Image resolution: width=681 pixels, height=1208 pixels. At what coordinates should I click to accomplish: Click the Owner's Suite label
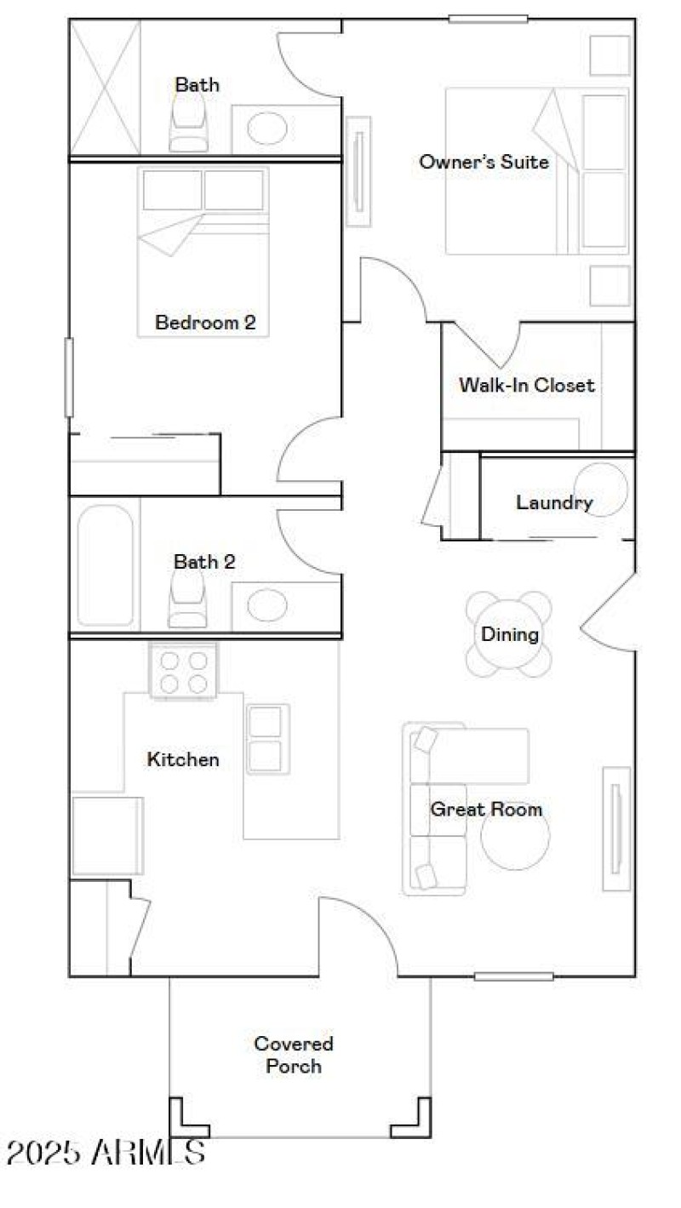tap(484, 162)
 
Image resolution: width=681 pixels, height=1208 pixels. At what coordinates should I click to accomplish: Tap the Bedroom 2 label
tap(205, 323)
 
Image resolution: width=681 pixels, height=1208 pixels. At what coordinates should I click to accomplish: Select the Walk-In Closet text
tap(526, 385)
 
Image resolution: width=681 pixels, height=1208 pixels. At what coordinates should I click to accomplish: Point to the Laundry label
tap(554, 502)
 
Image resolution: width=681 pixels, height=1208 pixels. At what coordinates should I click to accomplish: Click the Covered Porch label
tap(294, 1055)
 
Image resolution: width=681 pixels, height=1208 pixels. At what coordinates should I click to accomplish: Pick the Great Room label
tap(486, 809)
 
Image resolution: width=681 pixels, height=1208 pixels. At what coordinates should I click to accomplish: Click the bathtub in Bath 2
tap(106, 565)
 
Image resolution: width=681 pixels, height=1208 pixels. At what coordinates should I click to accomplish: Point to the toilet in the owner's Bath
tap(189, 123)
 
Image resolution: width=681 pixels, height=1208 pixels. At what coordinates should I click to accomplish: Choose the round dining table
tap(509, 634)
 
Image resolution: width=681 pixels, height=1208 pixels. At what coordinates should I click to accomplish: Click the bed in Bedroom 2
tap(203, 251)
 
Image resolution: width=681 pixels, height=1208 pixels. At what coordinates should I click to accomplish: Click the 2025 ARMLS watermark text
tap(106, 1153)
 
